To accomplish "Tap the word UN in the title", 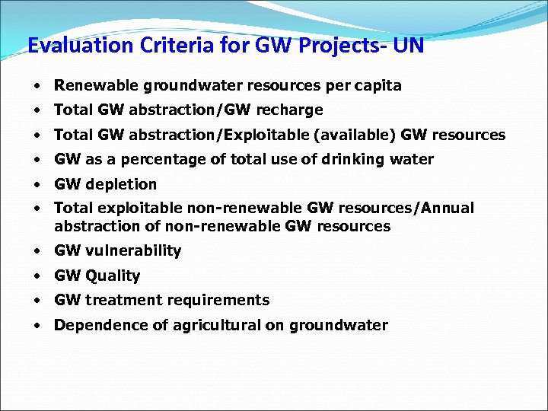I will pos(408,46).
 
